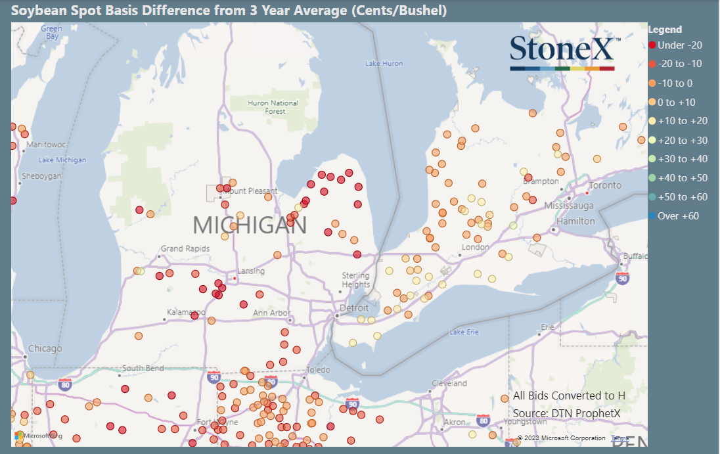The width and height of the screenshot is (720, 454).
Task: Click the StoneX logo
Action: (562, 52)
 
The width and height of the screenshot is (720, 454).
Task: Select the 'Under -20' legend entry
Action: (676, 45)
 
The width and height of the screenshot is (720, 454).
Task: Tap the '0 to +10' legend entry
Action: (676, 102)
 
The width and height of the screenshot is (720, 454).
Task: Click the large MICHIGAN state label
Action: (250, 225)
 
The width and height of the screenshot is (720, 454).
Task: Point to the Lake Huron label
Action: (384, 64)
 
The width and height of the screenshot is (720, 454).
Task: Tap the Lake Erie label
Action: (464, 332)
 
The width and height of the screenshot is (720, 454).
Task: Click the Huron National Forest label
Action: (273, 107)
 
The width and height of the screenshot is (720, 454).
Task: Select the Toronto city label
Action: (605, 186)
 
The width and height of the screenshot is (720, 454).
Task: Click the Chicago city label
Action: (45, 348)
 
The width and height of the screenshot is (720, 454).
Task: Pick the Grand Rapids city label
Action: (185, 249)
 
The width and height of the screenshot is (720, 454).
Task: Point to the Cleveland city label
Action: (449, 383)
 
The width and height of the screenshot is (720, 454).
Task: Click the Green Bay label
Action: (51, 32)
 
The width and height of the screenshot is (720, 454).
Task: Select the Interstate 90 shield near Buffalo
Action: (622, 278)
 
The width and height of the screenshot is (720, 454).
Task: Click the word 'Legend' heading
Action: (665, 30)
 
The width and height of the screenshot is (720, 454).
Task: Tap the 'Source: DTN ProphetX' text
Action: (566, 413)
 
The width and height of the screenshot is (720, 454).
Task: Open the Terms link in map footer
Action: (619, 438)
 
